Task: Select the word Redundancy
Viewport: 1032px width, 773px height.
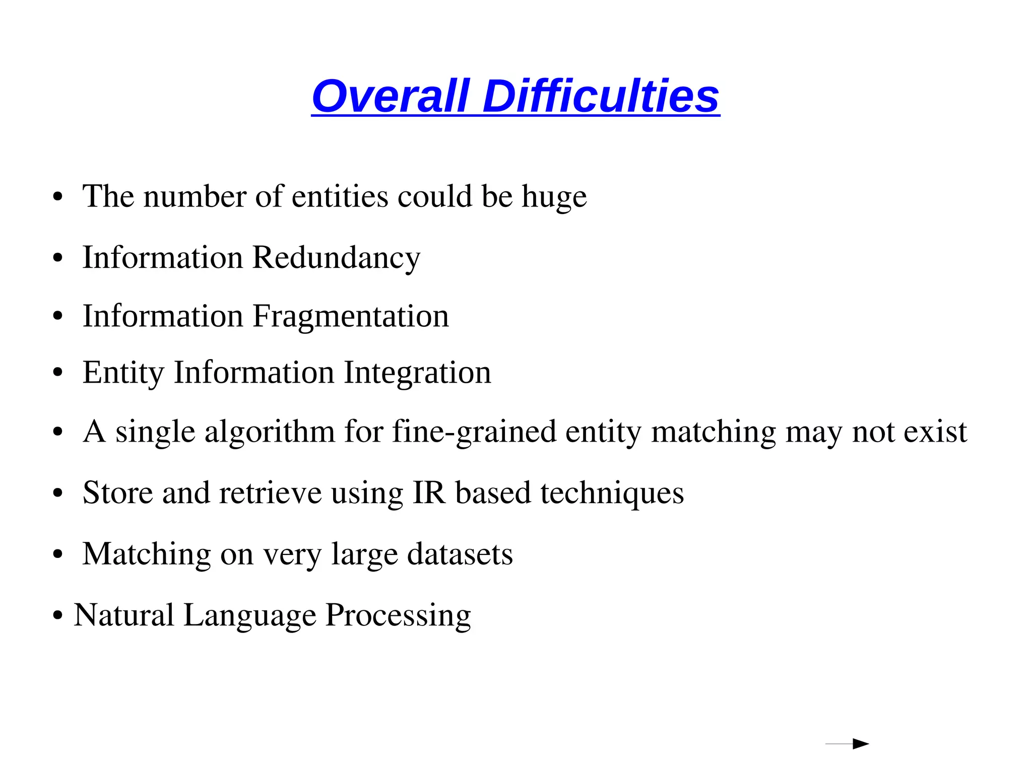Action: (336, 258)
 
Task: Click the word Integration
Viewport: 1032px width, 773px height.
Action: (417, 373)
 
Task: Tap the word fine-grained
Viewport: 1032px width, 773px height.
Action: (474, 433)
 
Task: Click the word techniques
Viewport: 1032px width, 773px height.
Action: (612, 494)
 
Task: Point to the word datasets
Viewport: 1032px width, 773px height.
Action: (460, 554)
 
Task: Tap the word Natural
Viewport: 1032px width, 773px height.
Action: (124, 615)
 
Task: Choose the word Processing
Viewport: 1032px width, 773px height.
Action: (398, 616)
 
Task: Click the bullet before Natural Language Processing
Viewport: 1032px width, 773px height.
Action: (58, 616)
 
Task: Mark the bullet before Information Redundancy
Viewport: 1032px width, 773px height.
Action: (58, 258)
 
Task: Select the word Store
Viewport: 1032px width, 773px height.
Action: (117, 493)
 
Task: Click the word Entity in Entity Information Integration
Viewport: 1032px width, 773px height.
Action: (123, 374)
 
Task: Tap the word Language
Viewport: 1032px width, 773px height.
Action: (249, 616)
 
